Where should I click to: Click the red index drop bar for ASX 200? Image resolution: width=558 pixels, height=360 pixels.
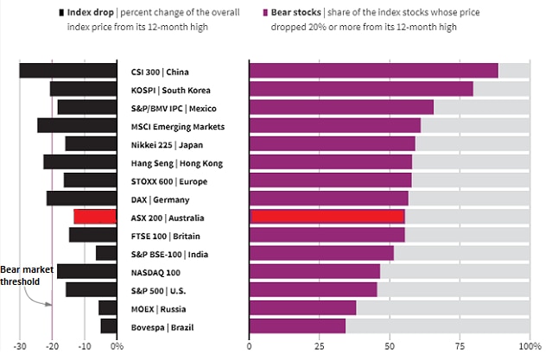(x=95, y=217)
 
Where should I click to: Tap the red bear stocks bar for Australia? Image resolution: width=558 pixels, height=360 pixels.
(x=327, y=217)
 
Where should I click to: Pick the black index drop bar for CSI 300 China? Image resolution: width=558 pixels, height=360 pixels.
(x=68, y=71)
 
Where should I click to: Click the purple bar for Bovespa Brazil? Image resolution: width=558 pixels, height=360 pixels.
(x=297, y=325)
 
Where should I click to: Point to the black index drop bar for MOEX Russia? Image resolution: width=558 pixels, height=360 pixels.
(x=108, y=308)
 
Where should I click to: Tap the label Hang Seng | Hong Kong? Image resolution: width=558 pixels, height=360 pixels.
(x=176, y=162)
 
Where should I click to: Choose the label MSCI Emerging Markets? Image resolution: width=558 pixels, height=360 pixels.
(x=177, y=126)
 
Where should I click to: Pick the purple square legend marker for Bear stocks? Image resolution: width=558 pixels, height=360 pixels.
(x=263, y=14)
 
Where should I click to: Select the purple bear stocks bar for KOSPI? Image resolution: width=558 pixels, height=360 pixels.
(x=361, y=89)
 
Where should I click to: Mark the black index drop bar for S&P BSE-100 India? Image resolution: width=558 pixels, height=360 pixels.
(x=106, y=253)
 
